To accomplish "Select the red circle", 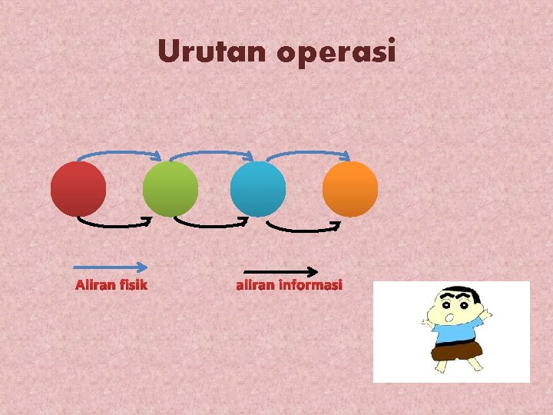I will click(x=78, y=188).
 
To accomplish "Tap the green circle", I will click(x=170, y=188).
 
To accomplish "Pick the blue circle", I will click(x=258, y=188).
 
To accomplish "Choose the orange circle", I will click(x=350, y=188).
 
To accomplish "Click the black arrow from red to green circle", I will click(x=115, y=225).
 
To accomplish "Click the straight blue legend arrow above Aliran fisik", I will click(x=111, y=267).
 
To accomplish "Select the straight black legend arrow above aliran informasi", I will click(x=280, y=271).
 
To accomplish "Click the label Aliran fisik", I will click(x=111, y=286).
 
